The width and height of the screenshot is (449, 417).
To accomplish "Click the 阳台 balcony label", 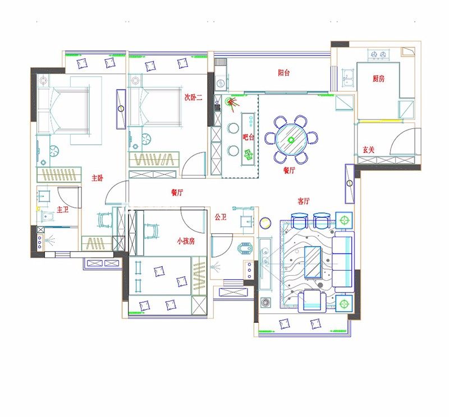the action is click(x=284, y=73).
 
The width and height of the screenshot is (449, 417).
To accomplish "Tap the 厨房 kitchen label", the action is click(x=378, y=78).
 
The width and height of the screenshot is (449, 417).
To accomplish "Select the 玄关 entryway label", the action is click(x=369, y=150).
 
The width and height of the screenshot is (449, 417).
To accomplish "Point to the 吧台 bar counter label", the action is click(x=248, y=137).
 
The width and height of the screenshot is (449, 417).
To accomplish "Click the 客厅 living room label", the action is click(x=304, y=201).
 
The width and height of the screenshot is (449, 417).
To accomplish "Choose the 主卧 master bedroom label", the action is click(x=97, y=178).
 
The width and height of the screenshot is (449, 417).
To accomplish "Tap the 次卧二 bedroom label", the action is click(x=193, y=97).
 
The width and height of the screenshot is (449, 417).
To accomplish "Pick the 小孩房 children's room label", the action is click(x=186, y=241).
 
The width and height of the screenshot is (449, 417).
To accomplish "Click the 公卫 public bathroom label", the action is click(x=221, y=217).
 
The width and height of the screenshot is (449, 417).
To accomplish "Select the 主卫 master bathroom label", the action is click(x=62, y=210).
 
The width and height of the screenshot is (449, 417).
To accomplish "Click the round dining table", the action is click(x=291, y=140).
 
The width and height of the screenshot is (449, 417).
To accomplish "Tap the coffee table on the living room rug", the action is click(x=313, y=262).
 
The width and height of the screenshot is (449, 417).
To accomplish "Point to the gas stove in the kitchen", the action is click(x=378, y=54).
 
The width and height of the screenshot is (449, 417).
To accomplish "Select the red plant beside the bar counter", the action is click(x=232, y=103).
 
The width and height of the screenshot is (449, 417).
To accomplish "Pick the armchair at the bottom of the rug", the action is click(x=312, y=301).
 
